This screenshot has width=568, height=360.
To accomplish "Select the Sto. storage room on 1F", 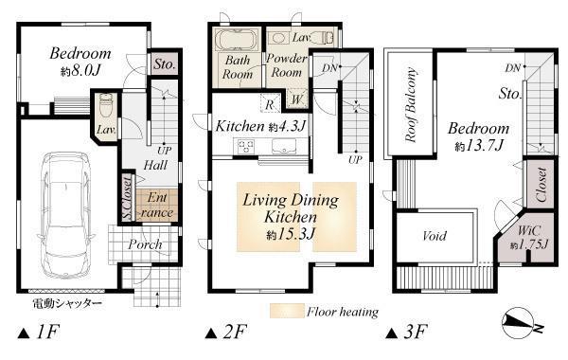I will coord(162,64).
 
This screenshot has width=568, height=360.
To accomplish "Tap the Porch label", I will coord(145,243).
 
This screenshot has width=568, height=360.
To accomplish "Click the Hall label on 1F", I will coord(156,165).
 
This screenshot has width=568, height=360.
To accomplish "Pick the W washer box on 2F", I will coord(296,99).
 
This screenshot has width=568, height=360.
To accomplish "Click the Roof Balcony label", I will coord(413,104).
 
